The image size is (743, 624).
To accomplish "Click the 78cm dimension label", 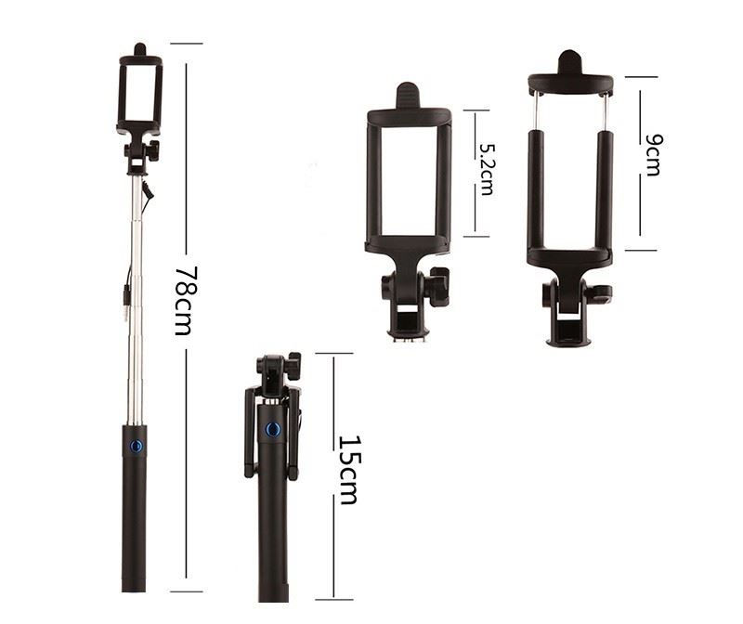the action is coord(186,301).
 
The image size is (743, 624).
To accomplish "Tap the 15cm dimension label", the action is coord(350,469).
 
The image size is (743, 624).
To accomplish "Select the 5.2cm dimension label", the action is coord(485,170).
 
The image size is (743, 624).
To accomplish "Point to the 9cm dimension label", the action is coord(653,155).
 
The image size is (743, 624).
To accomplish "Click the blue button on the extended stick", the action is coord(136,446).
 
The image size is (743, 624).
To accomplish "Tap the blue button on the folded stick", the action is coord(272,430).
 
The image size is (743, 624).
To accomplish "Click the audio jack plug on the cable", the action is coord(126,304).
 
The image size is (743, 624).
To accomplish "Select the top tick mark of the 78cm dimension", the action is coord(187,44).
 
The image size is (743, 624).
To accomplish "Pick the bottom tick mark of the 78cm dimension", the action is coord(187,591).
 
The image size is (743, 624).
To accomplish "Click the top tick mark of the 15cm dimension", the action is coord(334,353).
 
